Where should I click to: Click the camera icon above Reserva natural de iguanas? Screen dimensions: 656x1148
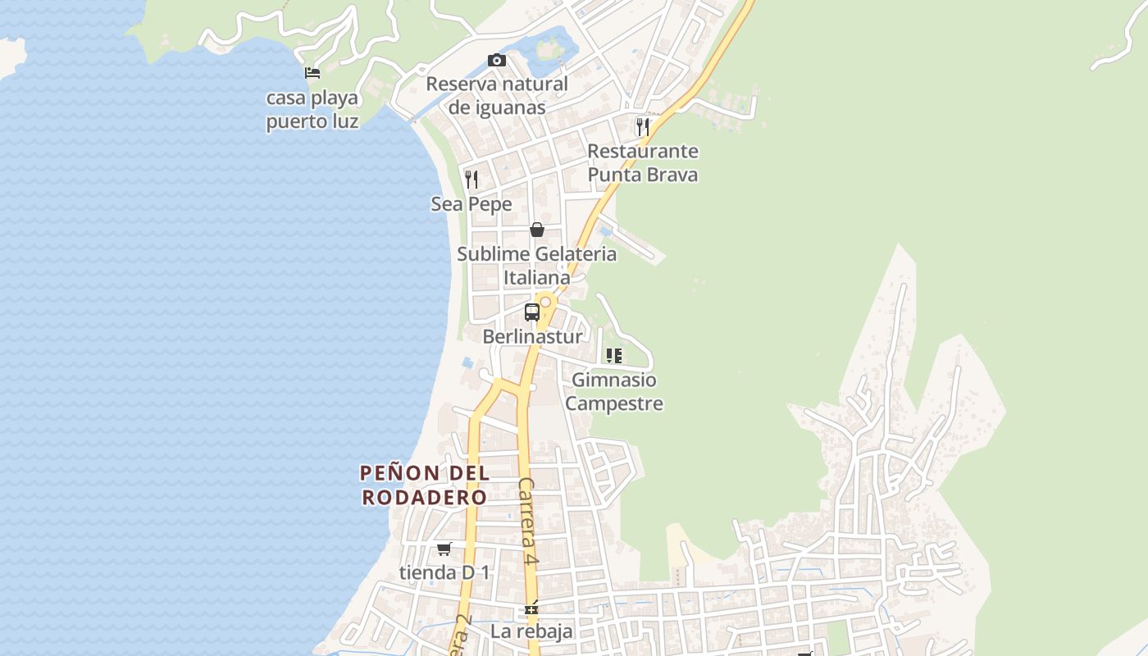tap(496, 60)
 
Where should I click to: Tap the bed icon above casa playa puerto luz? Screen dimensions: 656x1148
tap(312, 73)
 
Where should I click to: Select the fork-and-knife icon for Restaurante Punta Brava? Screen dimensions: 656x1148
tap(643, 127)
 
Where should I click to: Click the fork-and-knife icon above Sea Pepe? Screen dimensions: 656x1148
tap(471, 180)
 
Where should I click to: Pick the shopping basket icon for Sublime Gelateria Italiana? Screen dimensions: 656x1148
tap(537, 230)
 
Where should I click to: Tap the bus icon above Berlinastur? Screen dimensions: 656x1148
tap(532, 312)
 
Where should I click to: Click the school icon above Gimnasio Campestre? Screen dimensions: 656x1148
tap(614, 356)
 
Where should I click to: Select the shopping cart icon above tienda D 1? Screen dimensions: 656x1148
tap(444, 549)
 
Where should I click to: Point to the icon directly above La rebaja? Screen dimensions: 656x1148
tap(531, 608)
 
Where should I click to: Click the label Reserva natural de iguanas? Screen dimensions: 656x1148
tap(497, 95)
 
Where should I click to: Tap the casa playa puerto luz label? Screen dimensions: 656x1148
tap(312, 110)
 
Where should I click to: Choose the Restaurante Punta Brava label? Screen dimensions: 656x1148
tap(643, 162)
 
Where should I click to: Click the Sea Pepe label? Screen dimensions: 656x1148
tap(471, 204)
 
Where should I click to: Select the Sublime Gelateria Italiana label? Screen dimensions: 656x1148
tap(537, 266)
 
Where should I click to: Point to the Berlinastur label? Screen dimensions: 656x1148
tap(532, 336)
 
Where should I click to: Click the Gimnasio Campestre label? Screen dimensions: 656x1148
tap(614, 392)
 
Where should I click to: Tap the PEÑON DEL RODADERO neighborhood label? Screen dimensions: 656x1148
tap(425, 485)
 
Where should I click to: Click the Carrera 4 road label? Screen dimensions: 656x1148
tap(528, 522)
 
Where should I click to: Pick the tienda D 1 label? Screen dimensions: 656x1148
tap(444, 572)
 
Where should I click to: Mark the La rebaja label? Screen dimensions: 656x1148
tap(531, 631)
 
